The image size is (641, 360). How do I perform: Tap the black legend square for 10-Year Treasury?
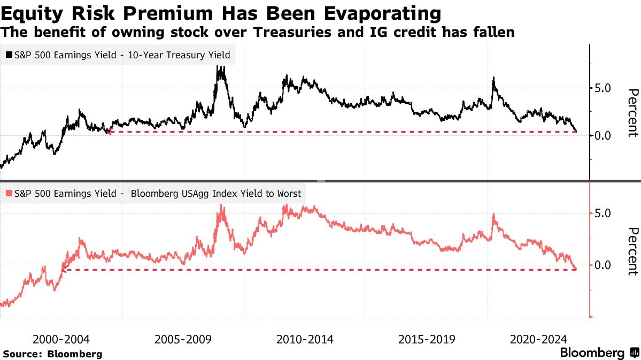coord(9,55)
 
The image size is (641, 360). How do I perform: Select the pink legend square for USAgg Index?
coord(9,194)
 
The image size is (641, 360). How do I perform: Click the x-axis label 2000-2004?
coord(61,339)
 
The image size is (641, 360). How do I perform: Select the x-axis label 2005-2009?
coord(183,339)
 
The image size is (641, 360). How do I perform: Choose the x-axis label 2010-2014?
coord(305,339)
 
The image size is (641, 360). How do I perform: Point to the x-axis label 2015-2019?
coord(427,339)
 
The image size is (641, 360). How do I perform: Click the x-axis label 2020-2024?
coord(539,339)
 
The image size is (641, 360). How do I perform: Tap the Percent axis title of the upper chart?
coord(632,113)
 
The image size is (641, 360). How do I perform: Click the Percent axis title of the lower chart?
coord(632,251)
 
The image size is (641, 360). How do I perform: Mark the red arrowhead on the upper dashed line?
coord(109,132)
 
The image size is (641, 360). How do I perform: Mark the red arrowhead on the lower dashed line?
coord(63,270)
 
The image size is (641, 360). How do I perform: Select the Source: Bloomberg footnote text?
coord(52,354)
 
